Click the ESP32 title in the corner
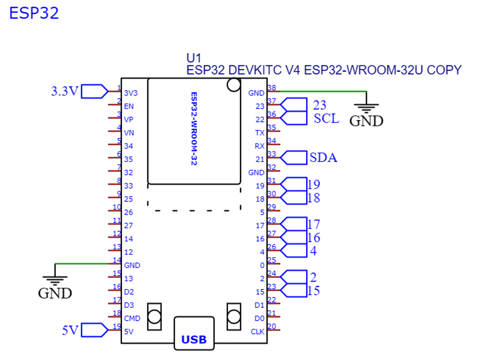(x=34, y=13)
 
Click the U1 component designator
(x=194, y=58)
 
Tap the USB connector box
(x=194, y=334)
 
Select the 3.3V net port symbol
(x=95, y=91)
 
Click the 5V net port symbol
(x=95, y=330)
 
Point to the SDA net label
(x=323, y=158)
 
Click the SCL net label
(x=327, y=119)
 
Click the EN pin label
(x=128, y=106)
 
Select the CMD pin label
(x=132, y=318)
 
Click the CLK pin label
(x=257, y=332)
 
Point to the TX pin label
(x=260, y=133)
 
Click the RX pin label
(x=259, y=146)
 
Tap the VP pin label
(x=128, y=120)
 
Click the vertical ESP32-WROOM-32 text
(x=194, y=129)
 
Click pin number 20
(x=272, y=326)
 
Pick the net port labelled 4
(x=293, y=250)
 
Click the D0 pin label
(x=259, y=318)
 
